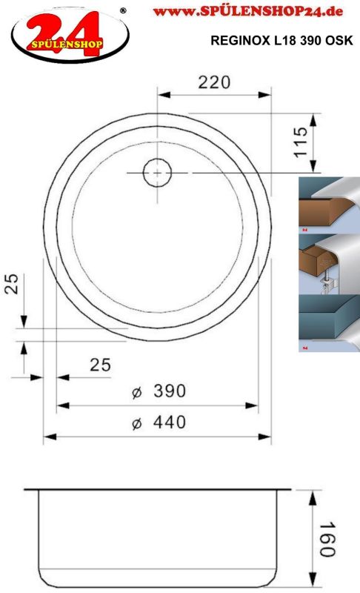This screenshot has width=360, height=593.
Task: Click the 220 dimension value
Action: [214, 82]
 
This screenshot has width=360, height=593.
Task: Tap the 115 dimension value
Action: [301, 142]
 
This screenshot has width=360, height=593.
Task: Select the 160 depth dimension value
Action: [327, 540]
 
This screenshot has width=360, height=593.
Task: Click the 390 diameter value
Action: [170, 391]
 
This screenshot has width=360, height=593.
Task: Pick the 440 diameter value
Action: [170, 422]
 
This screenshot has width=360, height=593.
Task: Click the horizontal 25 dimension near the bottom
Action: [101, 365]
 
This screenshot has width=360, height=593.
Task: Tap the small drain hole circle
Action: [157, 173]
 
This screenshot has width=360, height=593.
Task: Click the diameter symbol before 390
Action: [137, 392]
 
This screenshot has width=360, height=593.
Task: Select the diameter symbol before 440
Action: [137, 423]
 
